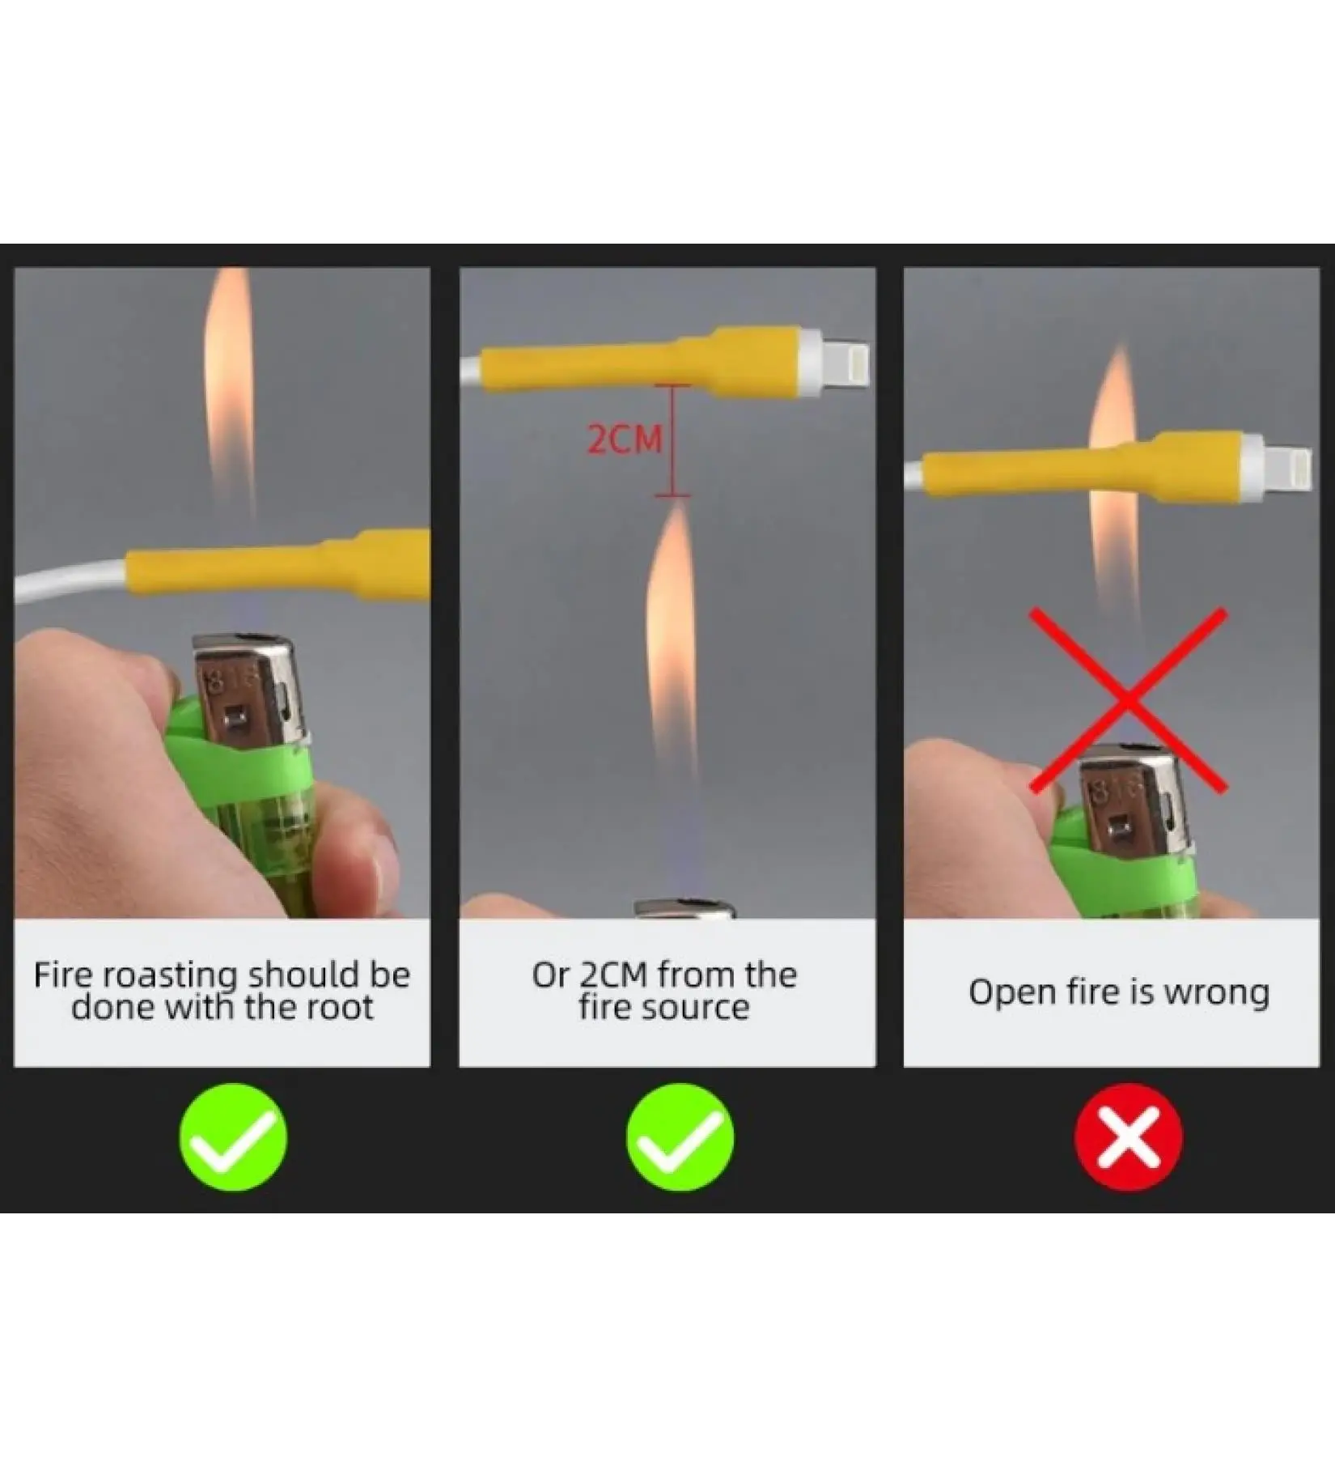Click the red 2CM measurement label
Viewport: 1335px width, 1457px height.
(624, 439)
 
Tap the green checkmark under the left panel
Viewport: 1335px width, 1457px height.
(233, 1136)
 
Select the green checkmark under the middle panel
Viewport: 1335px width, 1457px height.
(680, 1136)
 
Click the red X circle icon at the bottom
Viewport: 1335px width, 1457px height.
(1128, 1136)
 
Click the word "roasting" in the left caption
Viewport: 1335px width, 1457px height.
(170, 976)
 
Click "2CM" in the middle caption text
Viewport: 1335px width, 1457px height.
(613, 975)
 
